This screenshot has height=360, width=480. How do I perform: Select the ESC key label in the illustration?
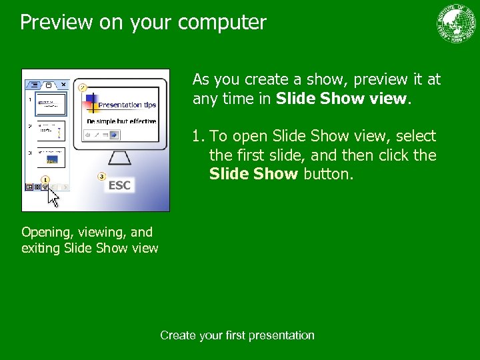(x=119, y=185)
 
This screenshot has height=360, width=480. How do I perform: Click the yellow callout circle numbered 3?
(x=101, y=176)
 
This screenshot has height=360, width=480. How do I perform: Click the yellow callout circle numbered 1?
(x=45, y=179)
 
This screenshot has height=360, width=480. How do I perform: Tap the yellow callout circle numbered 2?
(x=83, y=87)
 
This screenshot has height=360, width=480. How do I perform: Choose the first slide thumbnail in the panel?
(x=50, y=103)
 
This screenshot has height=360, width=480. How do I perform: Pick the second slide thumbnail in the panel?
(x=50, y=131)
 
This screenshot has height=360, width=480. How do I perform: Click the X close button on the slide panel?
(x=63, y=85)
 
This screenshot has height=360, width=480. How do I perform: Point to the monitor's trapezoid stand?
(x=119, y=159)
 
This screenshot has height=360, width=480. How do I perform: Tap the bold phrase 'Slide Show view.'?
(x=341, y=99)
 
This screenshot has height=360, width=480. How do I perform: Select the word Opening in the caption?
(x=45, y=232)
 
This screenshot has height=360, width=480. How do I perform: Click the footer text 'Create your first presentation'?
(x=237, y=335)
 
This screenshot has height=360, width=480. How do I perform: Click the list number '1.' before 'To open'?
(x=199, y=137)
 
